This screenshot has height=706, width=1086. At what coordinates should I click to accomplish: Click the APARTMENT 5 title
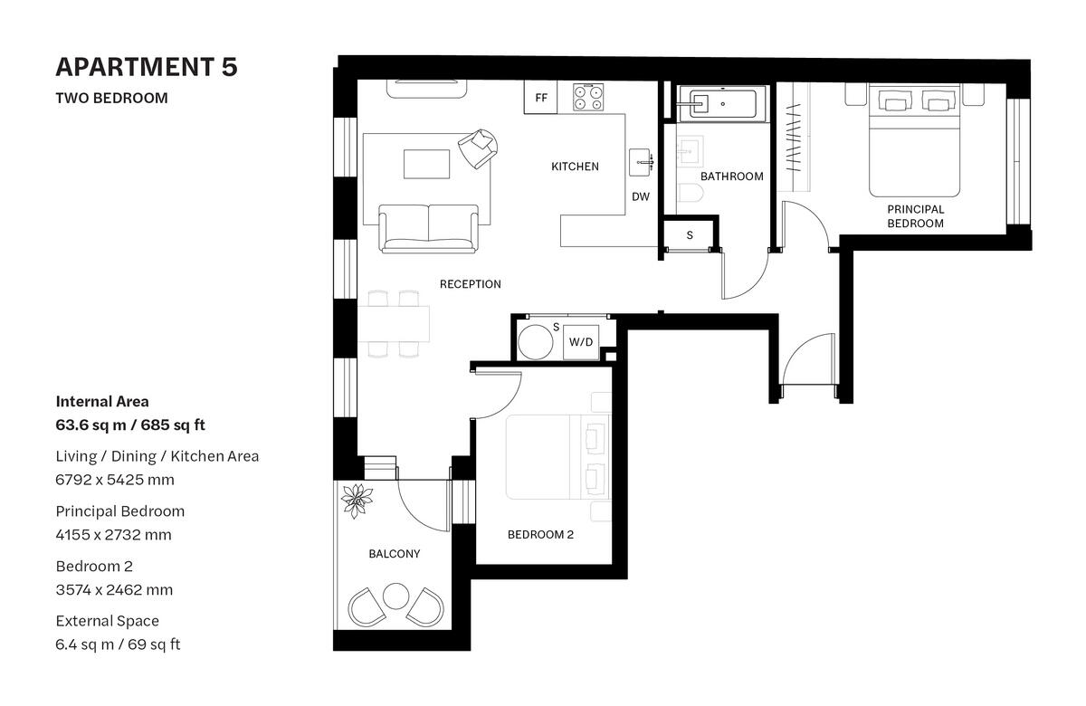coord(146,67)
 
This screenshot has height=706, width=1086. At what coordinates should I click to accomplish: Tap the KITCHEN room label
coord(575,167)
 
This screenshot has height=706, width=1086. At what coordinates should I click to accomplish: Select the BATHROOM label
coord(731,176)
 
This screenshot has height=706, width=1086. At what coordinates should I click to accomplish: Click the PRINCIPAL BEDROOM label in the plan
coord(915,215)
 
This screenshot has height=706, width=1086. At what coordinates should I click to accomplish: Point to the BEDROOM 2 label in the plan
coord(540,535)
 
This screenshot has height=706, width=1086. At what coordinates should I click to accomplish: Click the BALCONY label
coord(394,554)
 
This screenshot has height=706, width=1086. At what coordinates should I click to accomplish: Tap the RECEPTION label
coord(470,284)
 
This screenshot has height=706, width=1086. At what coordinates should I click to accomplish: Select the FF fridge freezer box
coord(541,98)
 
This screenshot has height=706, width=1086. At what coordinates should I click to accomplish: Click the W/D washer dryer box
coord(580,342)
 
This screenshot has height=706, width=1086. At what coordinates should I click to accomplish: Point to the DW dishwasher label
coord(641,196)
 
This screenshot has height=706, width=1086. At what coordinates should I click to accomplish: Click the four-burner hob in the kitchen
coord(588,98)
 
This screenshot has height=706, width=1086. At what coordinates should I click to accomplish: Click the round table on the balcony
coord(395,596)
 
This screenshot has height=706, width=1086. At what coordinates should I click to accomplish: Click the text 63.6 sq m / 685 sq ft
coord(136,425)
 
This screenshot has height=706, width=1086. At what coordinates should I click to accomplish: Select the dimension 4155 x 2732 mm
coord(113,535)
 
